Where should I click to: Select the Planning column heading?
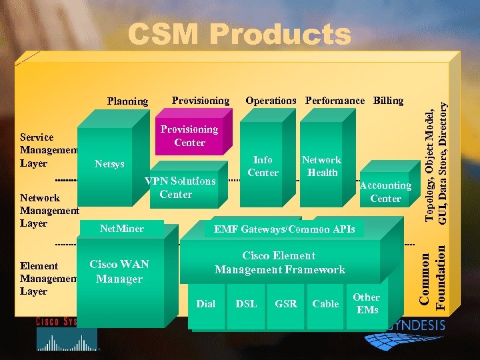(127, 101)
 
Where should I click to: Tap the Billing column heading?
(388, 101)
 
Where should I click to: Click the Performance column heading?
(335, 101)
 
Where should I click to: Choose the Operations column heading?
(271, 101)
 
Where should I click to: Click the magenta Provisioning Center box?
(189, 135)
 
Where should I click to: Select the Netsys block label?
(109, 164)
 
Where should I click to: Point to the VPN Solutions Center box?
(181, 187)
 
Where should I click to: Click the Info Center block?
(263, 166)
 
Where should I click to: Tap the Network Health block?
(321, 166)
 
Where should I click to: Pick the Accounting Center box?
(385, 192)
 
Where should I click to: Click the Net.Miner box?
(121, 229)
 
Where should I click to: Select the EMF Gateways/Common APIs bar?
(284, 229)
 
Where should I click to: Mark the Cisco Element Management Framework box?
(279, 263)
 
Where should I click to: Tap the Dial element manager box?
(206, 304)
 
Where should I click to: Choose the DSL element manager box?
(246, 304)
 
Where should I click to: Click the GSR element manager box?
(285, 304)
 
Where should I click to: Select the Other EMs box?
(367, 303)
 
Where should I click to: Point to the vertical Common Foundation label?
(434, 277)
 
